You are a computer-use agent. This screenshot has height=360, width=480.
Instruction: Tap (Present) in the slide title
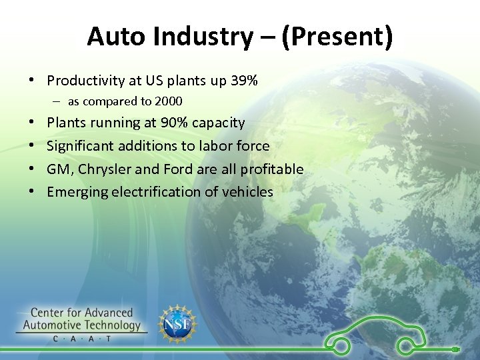337,37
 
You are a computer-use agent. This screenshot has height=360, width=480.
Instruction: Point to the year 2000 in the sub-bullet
168,101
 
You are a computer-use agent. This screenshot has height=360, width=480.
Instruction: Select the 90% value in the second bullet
175,123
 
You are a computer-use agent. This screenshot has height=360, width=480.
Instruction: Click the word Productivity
86,81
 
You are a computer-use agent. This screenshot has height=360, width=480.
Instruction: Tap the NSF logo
177,325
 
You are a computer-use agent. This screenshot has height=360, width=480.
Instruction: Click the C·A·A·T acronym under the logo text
82,339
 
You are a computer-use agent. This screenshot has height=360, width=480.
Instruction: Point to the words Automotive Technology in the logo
82,325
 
